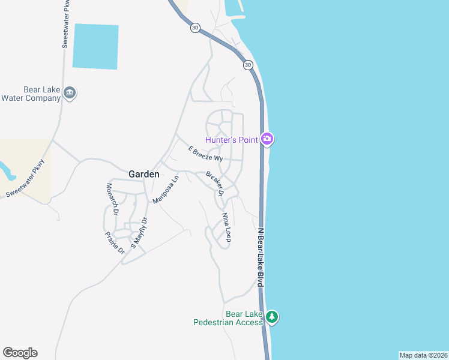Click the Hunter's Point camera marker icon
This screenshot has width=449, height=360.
click(x=268, y=140)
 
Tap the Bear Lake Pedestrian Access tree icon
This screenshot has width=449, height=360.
click(x=272, y=317)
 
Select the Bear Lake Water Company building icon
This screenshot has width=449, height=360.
click(x=70, y=94)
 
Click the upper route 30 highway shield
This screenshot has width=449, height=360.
click(x=194, y=28)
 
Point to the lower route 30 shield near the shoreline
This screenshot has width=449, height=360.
click(x=248, y=65)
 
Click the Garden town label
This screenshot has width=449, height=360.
click(x=144, y=174)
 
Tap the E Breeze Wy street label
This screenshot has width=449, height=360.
click(x=205, y=154)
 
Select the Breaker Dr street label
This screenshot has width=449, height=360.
click(x=215, y=184)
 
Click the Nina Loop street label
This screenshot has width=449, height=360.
click(x=226, y=227)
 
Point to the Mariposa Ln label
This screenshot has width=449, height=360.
click(x=166, y=190)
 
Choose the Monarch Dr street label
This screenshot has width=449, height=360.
click(x=111, y=198)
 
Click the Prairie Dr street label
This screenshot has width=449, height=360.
click(x=114, y=242)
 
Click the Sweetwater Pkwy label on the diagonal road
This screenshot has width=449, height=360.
click(x=25, y=178)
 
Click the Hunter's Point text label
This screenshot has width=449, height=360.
click(x=232, y=140)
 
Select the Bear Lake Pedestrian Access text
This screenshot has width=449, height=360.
click(x=228, y=318)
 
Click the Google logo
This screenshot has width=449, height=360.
click(x=20, y=353)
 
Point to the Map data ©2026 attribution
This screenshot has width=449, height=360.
click(x=423, y=355)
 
